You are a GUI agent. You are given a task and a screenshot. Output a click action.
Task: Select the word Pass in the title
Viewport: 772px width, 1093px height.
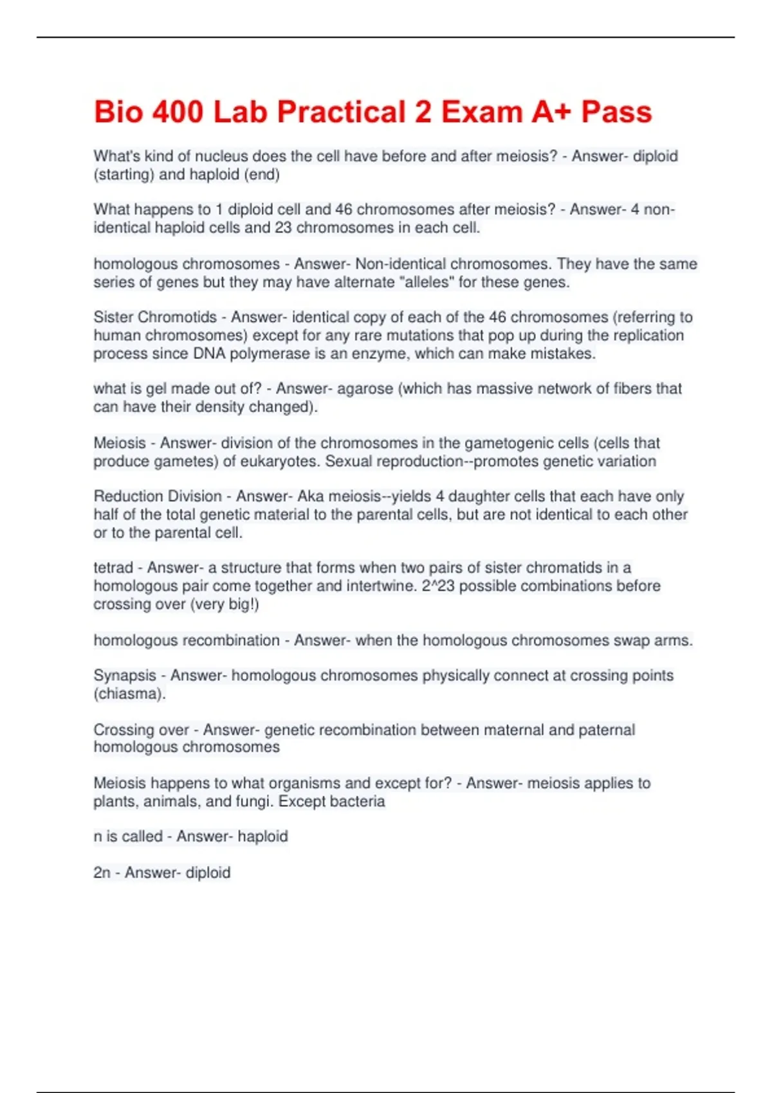(x=616, y=113)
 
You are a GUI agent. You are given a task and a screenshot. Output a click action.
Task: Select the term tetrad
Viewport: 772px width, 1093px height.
(x=113, y=568)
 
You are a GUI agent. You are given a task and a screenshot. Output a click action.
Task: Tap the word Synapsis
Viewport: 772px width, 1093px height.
(x=125, y=676)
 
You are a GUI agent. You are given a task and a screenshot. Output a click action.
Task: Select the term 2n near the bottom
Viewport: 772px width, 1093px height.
(x=102, y=872)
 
